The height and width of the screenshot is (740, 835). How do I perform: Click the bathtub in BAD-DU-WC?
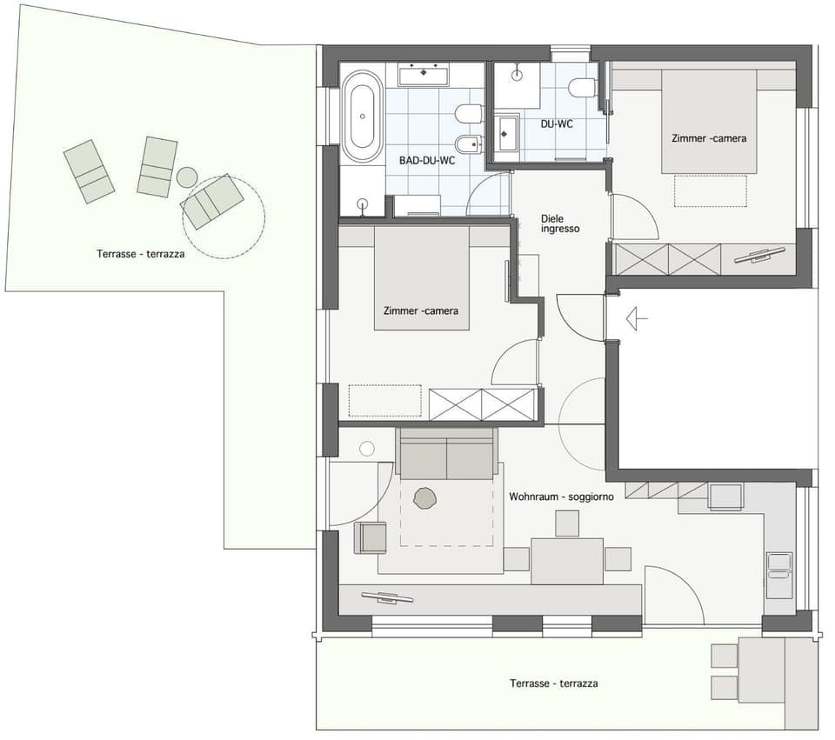click(361, 117)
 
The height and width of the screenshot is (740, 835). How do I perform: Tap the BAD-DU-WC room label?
click(427, 160)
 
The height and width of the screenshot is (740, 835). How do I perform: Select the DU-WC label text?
click(557, 125)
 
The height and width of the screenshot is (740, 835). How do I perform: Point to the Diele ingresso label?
click(559, 223)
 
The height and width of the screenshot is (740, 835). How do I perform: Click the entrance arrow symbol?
click(637, 319)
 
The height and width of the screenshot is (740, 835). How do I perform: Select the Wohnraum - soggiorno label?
click(561, 497)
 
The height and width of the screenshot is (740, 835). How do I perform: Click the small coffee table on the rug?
click(424, 498)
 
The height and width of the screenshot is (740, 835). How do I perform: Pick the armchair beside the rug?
click(370, 537)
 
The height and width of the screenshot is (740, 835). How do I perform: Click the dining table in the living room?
click(567, 561)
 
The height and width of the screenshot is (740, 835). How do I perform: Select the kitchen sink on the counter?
click(779, 574)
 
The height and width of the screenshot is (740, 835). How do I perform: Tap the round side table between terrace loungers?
click(187, 177)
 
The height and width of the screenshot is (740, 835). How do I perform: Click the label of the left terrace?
click(141, 254)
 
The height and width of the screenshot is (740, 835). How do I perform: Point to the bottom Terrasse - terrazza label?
click(553, 683)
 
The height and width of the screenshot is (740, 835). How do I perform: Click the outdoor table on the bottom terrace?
click(761, 670)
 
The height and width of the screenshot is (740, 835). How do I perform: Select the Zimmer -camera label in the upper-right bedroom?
click(708, 138)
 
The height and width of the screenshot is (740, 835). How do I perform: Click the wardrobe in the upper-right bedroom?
click(668, 259)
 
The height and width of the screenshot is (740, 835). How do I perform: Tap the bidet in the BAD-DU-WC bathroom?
click(467, 143)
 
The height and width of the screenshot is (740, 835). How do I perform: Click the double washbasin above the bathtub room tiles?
click(424, 75)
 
